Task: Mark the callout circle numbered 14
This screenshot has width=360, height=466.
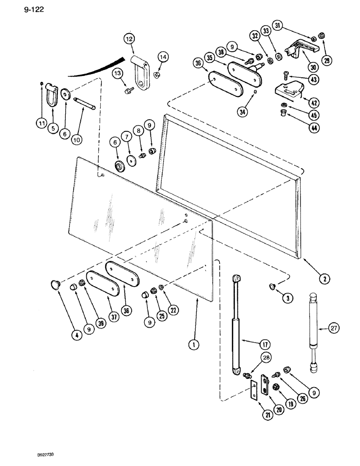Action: point(162,58)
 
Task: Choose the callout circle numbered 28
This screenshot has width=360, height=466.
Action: point(253,358)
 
